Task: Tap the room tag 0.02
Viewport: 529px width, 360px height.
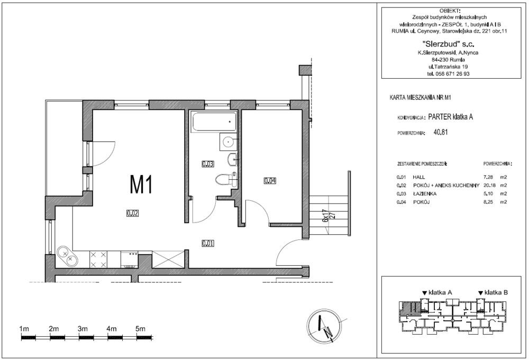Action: click(x=133, y=213)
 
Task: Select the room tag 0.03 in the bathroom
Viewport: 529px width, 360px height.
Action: click(x=208, y=164)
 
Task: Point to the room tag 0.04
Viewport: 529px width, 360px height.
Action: click(x=270, y=181)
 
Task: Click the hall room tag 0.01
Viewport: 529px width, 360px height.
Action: click(x=208, y=243)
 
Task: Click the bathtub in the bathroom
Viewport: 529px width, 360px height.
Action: click(x=214, y=122)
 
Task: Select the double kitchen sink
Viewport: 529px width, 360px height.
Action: click(x=67, y=256)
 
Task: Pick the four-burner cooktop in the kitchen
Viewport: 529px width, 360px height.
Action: click(x=98, y=260)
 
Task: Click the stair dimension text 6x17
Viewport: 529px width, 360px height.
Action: click(x=325, y=216)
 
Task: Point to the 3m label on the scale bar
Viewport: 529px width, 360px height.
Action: click(x=83, y=329)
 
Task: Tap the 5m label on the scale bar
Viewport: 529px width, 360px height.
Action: click(x=140, y=329)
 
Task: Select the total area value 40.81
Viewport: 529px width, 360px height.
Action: click(x=441, y=132)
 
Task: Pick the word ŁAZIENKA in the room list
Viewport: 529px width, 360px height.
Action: click(x=425, y=193)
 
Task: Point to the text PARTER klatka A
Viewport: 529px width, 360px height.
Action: click(x=450, y=117)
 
